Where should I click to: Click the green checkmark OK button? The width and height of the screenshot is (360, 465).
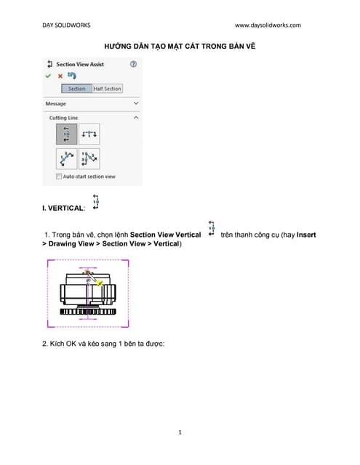click(x=49, y=76)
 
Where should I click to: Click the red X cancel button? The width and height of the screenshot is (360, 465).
click(x=60, y=76)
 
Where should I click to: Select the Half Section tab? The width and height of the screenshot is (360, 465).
click(x=107, y=89)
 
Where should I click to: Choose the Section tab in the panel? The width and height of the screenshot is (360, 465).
click(x=76, y=89)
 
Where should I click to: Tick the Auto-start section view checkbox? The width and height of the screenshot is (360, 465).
click(x=59, y=177)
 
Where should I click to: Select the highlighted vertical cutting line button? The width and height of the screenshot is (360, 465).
click(x=67, y=134)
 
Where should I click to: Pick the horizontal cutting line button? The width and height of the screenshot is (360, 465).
click(x=89, y=134)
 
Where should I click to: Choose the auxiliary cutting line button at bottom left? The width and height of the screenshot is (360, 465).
click(x=67, y=158)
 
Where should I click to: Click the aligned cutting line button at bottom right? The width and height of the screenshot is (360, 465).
click(x=89, y=158)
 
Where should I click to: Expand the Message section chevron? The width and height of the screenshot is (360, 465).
click(x=136, y=104)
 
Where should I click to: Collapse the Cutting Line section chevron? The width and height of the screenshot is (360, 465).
click(x=136, y=117)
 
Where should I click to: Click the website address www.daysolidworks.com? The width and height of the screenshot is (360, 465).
click(x=268, y=25)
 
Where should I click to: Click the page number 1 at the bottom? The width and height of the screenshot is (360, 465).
click(x=180, y=432)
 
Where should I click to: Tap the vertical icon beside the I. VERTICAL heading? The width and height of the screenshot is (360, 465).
click(x=95, y=202)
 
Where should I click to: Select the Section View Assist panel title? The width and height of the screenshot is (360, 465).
click(x=80, y=64)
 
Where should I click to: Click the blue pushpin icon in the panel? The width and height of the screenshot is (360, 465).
click(x=71, y=76)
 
